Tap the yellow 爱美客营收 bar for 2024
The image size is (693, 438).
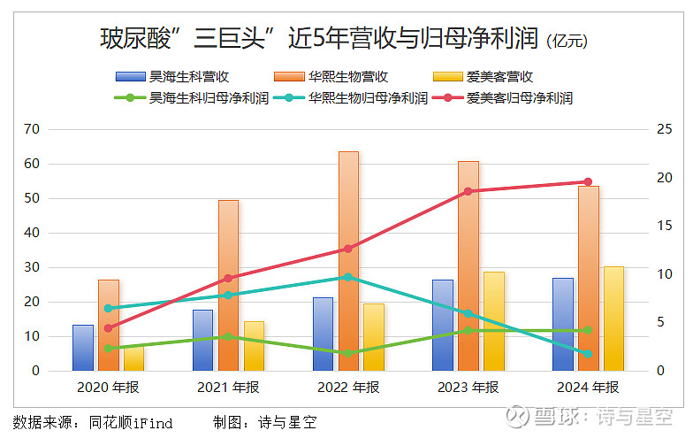click(x=613, y=319)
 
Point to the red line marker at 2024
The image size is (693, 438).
click(x=588, y=182)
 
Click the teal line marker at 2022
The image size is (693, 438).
click(x=348, y=277)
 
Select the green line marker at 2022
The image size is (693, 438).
click(x=348, y=353)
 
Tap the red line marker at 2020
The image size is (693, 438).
click(x=108, y=328)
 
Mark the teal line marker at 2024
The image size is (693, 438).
click(x=588, y=353)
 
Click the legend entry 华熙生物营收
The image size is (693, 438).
click(x=336, y=77)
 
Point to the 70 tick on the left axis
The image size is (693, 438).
click(x=32, y=129)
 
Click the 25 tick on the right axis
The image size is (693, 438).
click(x=665, y=129)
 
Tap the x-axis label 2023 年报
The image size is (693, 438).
click(x=468, y=387)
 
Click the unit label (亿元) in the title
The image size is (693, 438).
click(x=567, y=41)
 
